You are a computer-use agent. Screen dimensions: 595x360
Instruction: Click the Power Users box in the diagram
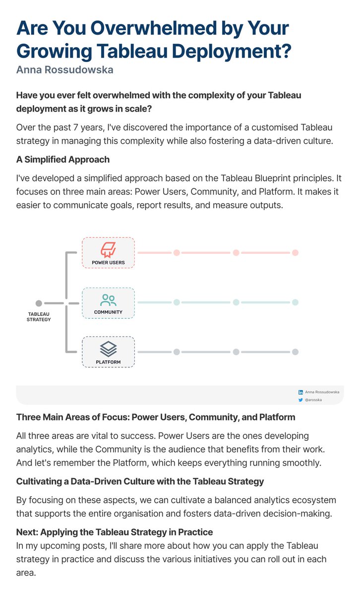pos(108,253)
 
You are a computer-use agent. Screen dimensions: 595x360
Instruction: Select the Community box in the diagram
pos(108,302)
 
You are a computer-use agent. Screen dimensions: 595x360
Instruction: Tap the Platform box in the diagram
pos(108,352)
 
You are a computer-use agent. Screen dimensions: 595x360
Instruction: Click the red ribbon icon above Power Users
pos(108,249)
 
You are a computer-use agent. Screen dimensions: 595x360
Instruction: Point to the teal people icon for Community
pos(108,300)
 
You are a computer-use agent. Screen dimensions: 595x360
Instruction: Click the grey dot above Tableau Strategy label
pos(39,303)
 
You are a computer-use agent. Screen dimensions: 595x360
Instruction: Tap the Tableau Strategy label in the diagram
pos(39,317)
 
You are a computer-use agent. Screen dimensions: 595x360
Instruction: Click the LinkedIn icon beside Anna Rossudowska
pos(300,392)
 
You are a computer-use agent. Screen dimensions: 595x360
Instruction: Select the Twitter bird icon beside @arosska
pos(300,400)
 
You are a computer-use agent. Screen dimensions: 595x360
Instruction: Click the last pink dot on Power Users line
pos(295,253)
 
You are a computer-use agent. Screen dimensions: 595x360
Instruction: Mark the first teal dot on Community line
pos(176,302)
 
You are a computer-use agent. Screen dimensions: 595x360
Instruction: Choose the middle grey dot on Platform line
pos(236,352)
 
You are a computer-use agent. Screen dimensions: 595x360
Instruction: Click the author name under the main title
pos(65,69)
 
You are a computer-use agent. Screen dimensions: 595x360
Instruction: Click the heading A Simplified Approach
pos(63,160)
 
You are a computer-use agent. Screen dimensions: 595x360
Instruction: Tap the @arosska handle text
pos(315,400)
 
